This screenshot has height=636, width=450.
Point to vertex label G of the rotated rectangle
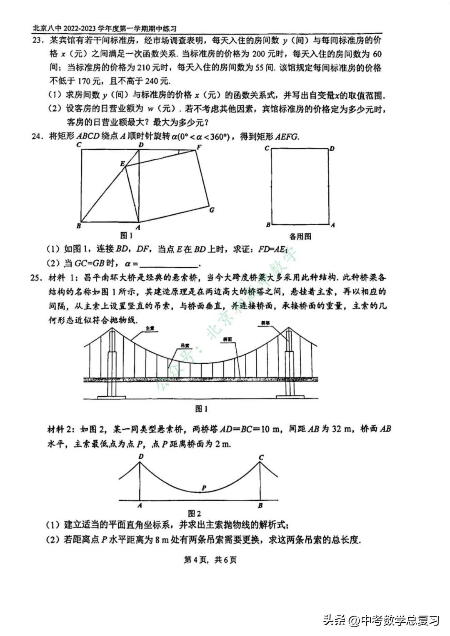[212, 210]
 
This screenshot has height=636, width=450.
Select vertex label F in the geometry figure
[199, 147]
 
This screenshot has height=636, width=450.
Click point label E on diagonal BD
[122, 164]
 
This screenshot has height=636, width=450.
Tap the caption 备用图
[300, 236]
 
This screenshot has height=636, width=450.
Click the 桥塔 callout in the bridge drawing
[266, 323]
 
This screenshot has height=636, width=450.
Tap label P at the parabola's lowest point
[204, 487]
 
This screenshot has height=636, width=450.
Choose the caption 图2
[195, 514]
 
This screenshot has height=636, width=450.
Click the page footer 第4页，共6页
[210, 560]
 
